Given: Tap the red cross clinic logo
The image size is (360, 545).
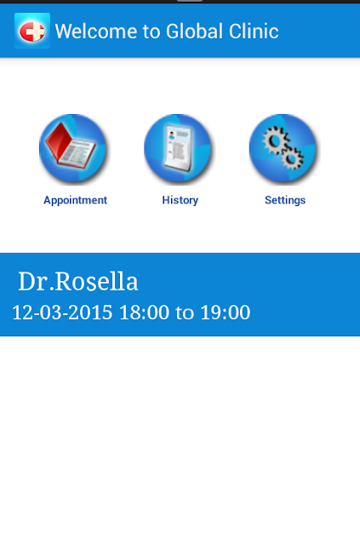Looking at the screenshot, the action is tap(32, 31).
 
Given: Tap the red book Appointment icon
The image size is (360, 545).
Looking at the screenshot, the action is tap(73, 148).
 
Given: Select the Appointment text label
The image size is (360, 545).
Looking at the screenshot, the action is tap(76, 200).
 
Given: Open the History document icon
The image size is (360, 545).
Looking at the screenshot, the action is tap(178, 148).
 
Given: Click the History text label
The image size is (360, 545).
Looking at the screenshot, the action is tap(180, 200).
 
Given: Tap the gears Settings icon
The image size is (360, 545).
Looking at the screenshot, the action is tap(283, 148).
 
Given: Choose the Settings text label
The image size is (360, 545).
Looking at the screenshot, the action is tap(285, 200).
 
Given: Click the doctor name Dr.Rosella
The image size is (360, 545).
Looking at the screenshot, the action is tap(78, 281).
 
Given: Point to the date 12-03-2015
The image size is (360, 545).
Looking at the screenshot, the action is tap(62, 313).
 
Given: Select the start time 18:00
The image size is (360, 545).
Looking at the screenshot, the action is tap(144, 313).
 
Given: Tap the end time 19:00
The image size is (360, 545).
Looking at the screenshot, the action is tap(226, 313).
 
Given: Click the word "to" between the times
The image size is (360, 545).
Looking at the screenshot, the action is tap(185, 313).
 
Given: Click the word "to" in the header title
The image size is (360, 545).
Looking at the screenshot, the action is tap(151, 32).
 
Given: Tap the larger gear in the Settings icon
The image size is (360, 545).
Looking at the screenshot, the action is tap(275, 140).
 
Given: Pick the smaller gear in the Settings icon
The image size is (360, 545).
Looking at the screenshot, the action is tap(292, 158).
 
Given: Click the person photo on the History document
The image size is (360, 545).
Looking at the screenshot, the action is tap(172, 135).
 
